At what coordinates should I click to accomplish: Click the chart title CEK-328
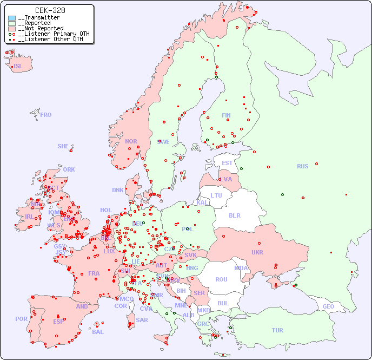[x=50, y=10]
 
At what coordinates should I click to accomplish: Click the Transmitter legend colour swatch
[x=12, y=18]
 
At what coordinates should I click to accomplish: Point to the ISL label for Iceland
[x=18, y=67]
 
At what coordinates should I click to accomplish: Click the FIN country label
[x=226, y=115]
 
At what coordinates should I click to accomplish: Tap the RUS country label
[x=302, y=166]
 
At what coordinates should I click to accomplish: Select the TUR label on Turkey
[x=277, y=330]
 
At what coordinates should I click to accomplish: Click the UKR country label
[x=257, y=252]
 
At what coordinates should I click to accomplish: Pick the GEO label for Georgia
[x=328, y=306]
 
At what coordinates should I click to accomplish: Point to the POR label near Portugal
[x=21, y=319]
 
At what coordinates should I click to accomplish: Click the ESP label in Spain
[x=58, y=321]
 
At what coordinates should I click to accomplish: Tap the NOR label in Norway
[x=131, y=141]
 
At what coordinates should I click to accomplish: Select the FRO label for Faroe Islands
[x=46, y=115]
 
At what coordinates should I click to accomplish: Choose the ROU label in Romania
[x=221, y=279]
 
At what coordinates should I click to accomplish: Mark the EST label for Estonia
[x=227, y=163]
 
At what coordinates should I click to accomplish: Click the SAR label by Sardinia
[x=142, y=320]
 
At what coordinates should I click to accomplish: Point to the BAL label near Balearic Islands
[x=97, y=332]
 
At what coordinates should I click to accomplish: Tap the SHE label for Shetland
[x=63, y=146]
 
